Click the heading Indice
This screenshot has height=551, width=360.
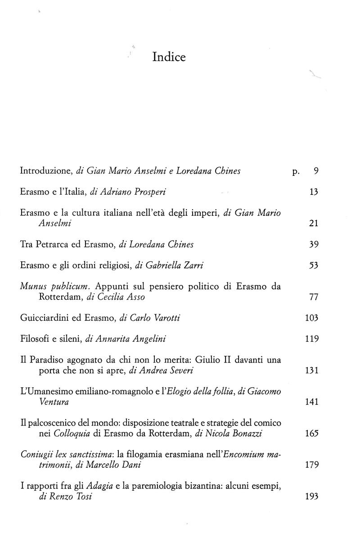coord(169,58)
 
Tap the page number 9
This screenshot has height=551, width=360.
coord(315,171)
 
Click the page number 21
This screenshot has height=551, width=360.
coord(314,224)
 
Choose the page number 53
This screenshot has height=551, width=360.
coord(314,265)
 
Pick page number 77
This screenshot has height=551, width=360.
coord(314,297)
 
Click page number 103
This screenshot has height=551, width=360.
coord(311,318)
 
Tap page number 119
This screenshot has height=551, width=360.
coord(311,339)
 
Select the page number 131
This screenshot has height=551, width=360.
coord(311,371)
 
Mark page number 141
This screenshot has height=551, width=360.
coord(311,402)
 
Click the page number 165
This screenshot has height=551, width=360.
coord(311,434)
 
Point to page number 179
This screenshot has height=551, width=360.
coord(311,465)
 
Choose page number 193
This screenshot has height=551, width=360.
coord(311,497)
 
